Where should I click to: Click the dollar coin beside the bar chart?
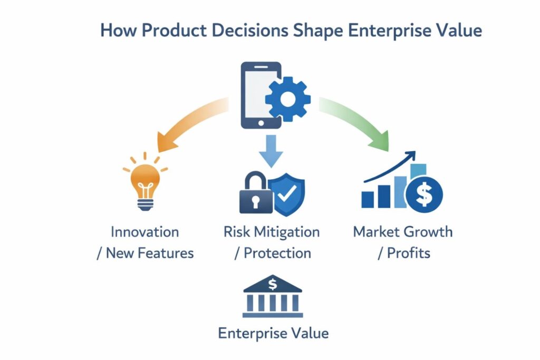pos(424,192)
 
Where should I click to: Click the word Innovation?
pos(144,232)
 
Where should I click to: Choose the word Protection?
pos(277,253)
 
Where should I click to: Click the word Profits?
pos(409,253)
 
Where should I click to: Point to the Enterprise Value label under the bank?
pos(273,333)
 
